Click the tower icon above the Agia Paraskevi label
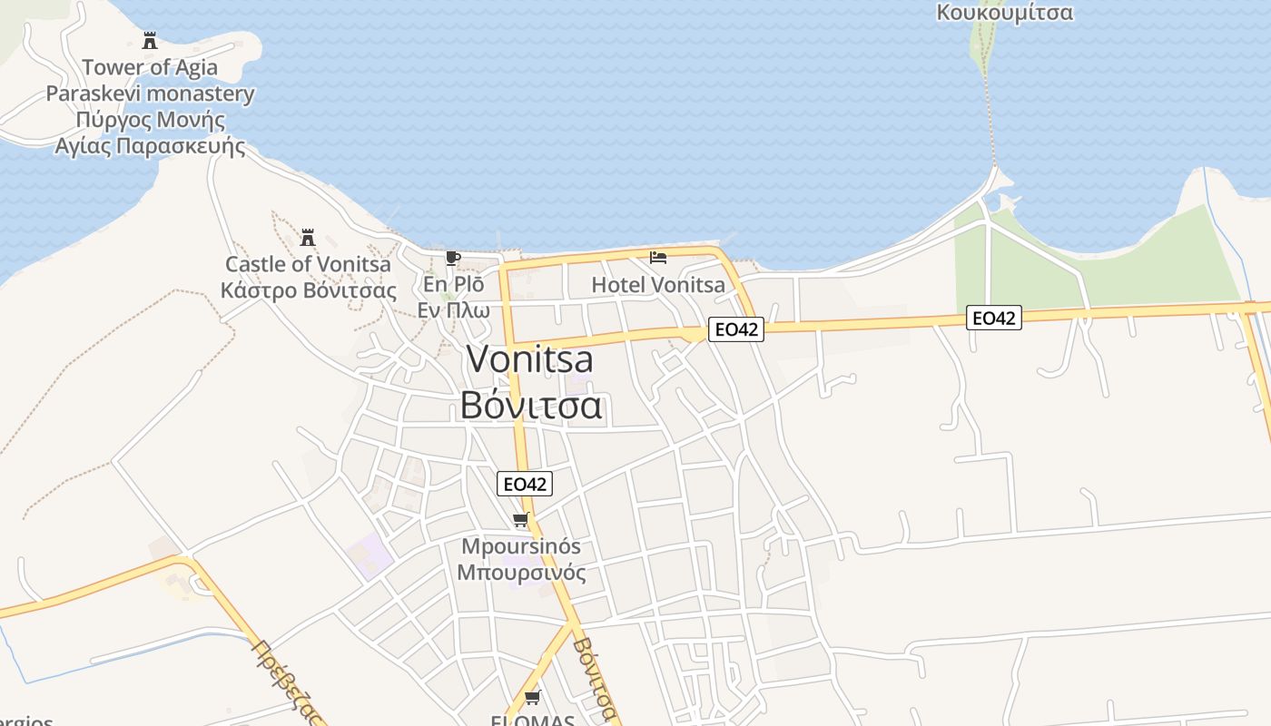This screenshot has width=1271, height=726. pyautogui.click(x=150, y=41)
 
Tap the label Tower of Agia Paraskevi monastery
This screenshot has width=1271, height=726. pyautogui.click(x=150, y=80)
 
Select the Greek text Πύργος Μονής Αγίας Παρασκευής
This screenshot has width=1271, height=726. pyautogui.click(x=150, y=132)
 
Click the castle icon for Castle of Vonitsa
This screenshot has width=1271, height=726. pyautogui.click(x=308, y=238)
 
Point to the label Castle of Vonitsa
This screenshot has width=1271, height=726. pyautogui.click(x=308, y=264)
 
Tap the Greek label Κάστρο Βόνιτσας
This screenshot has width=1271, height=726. pyautogui.click(x=308, y=291)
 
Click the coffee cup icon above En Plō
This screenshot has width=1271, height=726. pyautogui.click(x=453, y=259)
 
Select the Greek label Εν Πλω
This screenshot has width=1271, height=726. pyautogui.click(x=453, y=310)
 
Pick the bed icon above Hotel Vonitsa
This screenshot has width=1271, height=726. pyautogui.click(x=658, y=258)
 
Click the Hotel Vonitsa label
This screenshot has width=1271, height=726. pyautogui.click(x=658, y=285)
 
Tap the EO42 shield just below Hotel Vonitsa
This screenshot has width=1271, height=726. pyautogui.click(x=735, y=329)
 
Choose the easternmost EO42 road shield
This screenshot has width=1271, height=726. pyautogui.click(x=994, y=318)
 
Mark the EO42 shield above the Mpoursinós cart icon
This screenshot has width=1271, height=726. pyautogui.click(x=525, y=484)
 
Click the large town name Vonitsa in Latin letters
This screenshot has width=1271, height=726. pyautogui.click(x=530, y=359)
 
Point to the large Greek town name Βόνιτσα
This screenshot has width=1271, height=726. pyautogui.click(x=530, y=405)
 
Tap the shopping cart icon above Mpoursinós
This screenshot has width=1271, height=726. pyautogui.click(x=520, y=520)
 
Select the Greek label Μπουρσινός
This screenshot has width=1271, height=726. pyautogui.click(x=521, y=574)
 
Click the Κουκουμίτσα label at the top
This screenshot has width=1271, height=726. pyautogui.click(x=1004, y=13)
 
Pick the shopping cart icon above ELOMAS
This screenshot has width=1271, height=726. pyautogui.click(x=533, y=697)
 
